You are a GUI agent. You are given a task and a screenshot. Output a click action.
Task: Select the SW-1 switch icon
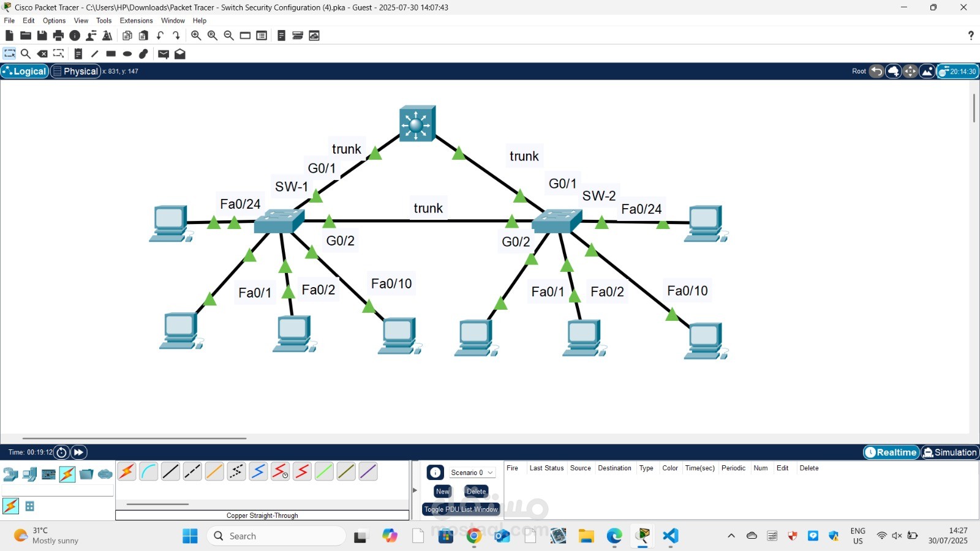279,221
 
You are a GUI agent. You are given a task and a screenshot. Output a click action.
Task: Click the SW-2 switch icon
557,222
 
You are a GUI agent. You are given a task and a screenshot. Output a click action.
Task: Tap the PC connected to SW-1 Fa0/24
170,223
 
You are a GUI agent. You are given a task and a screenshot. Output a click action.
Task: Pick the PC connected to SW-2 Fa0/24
706,223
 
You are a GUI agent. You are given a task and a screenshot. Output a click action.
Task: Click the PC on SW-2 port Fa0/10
706,341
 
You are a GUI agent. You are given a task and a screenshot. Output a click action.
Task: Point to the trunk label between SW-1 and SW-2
428,208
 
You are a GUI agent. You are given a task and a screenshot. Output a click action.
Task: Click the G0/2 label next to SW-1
341,241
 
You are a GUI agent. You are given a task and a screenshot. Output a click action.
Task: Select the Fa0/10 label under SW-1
391,283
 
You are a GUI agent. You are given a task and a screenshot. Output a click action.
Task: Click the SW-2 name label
599,196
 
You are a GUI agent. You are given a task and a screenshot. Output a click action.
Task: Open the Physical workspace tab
76,71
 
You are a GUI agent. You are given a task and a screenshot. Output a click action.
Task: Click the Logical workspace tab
25,71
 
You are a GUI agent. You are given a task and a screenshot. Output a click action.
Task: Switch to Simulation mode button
950,452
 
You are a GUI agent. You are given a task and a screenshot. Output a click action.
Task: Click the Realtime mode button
891,452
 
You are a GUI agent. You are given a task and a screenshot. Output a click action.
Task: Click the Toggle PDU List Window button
461,509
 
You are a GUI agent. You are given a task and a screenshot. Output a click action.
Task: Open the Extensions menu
136,20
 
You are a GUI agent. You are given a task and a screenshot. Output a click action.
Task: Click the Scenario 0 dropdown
472,473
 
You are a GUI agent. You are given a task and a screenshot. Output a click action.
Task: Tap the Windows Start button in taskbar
190,536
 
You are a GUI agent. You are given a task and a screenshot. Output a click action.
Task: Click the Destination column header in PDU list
614,468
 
